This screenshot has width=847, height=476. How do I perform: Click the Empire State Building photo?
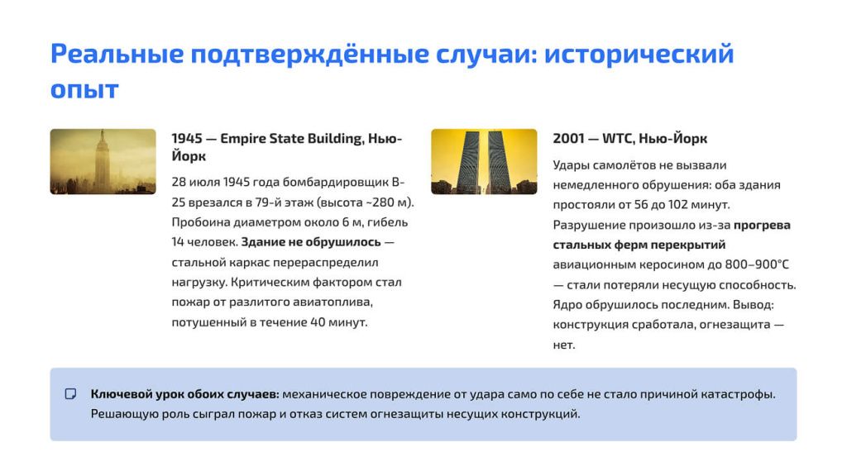tap(103, 161)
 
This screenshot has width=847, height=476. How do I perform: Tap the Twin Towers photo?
tap(484, 161)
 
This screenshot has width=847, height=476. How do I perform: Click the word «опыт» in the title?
tap(84, 89)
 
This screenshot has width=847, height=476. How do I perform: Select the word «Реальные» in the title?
tap(117, 54)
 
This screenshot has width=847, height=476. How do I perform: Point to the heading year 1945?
tap(187, 139)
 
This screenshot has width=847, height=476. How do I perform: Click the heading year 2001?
tap(568, 139)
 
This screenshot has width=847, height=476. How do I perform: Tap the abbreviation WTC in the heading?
tap(617, 139)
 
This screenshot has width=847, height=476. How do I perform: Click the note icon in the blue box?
tap(71, 394)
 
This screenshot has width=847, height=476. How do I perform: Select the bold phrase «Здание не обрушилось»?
tap(311, 242)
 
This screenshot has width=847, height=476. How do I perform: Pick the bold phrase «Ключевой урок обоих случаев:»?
tap(184, 394)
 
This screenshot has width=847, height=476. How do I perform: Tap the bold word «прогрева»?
tap(762, 225)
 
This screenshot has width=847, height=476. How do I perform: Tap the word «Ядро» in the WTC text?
tap(567, 305)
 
